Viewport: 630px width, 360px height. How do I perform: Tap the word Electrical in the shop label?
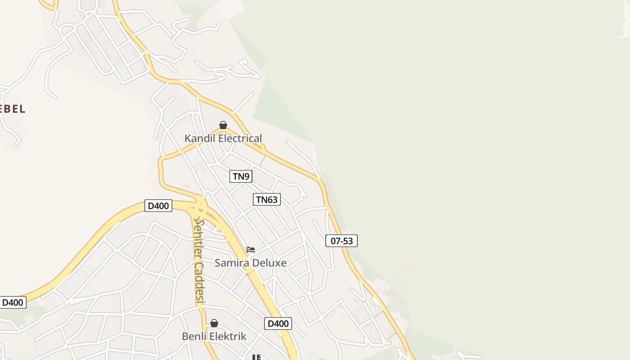pos(240,138)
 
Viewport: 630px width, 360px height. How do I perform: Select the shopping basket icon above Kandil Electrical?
pos(223,125)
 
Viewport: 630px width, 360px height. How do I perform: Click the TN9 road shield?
pos(241,176)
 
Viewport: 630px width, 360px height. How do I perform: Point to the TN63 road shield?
pos(267,199)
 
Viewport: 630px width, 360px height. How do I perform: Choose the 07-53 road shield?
pos(342,241)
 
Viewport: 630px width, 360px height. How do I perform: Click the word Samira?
pos(230,263)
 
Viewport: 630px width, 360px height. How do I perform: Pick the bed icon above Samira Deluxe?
pos(251,249)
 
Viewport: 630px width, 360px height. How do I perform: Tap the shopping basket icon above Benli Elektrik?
pos(214,323)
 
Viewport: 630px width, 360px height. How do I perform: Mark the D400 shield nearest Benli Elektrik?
pos(278,323)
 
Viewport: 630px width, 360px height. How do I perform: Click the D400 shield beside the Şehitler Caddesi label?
pos(158,206)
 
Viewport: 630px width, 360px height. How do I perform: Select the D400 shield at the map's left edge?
pos(13,302)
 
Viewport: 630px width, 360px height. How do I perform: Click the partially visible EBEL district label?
pos(12,108)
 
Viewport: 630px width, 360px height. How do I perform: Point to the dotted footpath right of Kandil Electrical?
pos(262,160)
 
